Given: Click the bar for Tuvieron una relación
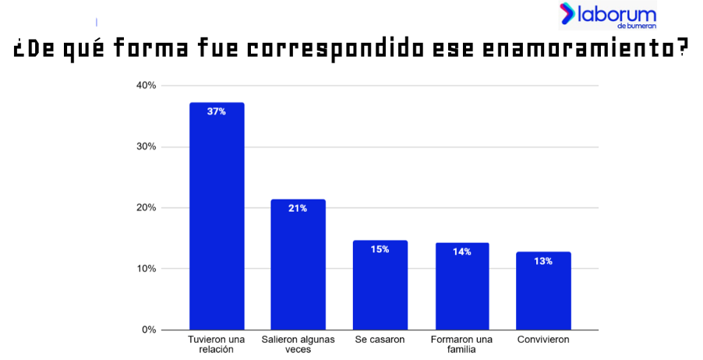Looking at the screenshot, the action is click(x=217, y=216).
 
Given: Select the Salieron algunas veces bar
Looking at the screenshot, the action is click(x=299, y=264).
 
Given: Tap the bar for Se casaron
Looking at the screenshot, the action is click(x=380, y=285).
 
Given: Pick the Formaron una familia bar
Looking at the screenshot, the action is click(x=462, y=287).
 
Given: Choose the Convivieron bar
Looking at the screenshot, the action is click(x=543, y=291).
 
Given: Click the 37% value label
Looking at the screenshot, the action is click(x=217, y=111).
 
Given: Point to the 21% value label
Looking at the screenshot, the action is click(x=298, y=209).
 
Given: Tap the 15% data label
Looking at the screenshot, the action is click(x=380, y=249).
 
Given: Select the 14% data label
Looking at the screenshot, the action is click(x=462, y=252).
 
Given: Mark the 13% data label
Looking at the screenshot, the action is click(x=543, y=261).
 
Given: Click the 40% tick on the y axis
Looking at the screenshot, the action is click(x=147, y=85).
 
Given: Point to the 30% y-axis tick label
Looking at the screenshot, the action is click(x=147, y=146).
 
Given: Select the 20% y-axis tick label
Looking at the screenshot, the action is click(x=147, y=207).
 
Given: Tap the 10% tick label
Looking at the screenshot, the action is click(x=147, y=269).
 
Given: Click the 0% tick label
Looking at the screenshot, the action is click(x=149, y=330).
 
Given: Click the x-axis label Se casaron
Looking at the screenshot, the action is click(x=380, y=340).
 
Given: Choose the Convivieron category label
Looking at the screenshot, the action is click(x=543, y=340).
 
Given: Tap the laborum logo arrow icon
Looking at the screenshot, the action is click(x=567, y=13).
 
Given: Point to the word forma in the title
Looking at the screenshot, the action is click(x=151, y=48).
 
